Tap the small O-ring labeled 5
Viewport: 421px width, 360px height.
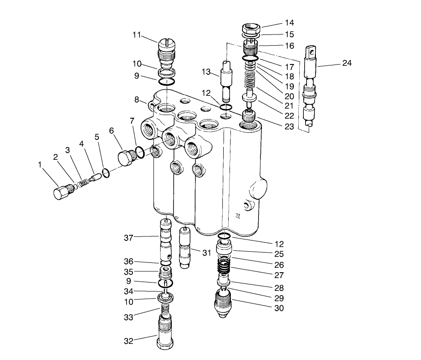pyautogui.click(x=106, y=172)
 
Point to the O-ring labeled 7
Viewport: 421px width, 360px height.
pyautogui.click(x=140, y=152)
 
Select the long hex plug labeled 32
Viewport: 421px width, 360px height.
pyautogui.click(x=165, y=330)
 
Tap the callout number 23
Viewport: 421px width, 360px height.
pyautogui.click(x=289, y=127)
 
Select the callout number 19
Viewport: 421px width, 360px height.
pyautogui.click(x=289, y=86)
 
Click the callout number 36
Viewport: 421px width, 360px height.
pyautogui.click(x=128, y=261)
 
